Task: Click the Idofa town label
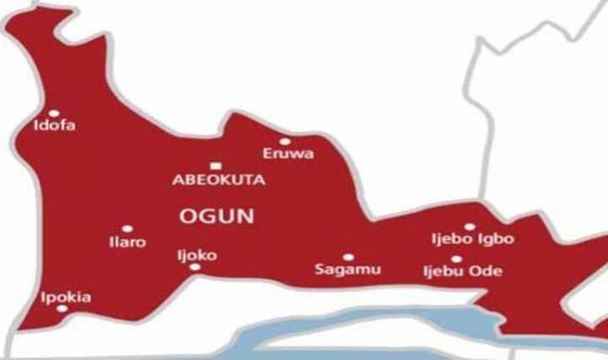point(54,127)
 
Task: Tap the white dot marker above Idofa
point(53,113)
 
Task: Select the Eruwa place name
point(288,154)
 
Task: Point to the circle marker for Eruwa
point(285,141)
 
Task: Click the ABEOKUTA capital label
point(219,180)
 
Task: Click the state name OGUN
point(217,216)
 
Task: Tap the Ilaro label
point(128,243)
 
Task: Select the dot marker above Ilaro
point(127,228)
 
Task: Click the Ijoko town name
point(197,254)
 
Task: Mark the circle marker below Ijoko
point(195,267)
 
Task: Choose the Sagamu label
point(347,270)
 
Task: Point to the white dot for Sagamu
point(348,257)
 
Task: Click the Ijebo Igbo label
point(472,240)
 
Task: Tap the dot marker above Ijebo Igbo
point(469,226)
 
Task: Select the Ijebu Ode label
point(462,271)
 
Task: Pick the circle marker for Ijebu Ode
point(456,259)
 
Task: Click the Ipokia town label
point(67,297)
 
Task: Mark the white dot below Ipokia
point(61,308)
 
